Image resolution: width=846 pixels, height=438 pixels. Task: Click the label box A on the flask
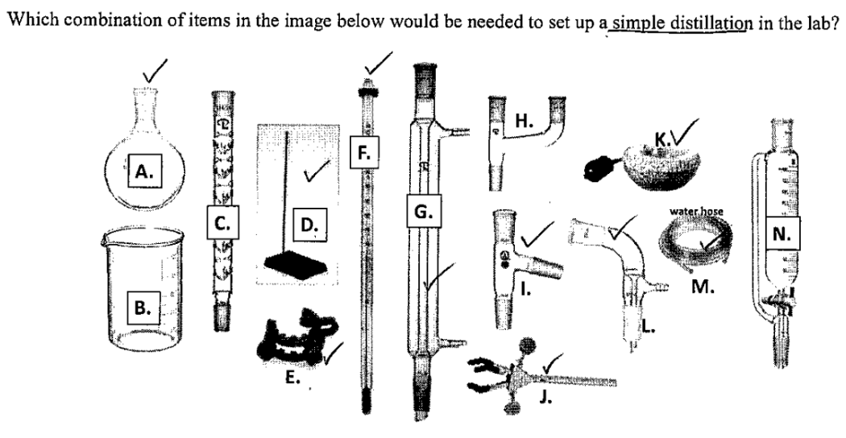click(x=145, y=171)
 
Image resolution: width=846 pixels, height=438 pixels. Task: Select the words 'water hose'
click(x=696, y=212)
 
